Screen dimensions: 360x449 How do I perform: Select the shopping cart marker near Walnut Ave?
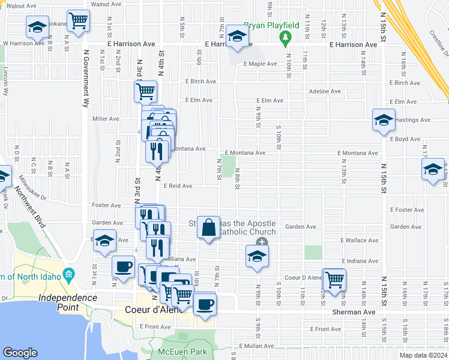pyautogui.click(x=78, y=20)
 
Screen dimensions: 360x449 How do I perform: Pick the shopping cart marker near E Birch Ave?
pyautogui.click(x=146, y=92)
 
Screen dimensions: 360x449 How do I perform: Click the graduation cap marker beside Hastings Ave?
pyautogui.click(x=384, y=120)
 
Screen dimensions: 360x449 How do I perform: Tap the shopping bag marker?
pyautogui.click(x=208, y=227)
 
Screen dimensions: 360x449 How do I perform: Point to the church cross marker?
pyautogui.click(x=261, y=242)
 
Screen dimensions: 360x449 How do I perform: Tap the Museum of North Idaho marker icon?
pyautogui.click(x=69, y=275)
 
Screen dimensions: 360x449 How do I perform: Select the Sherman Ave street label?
pyautogui.click(x=357, y=313)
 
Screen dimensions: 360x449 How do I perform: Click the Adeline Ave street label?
pyautogui.click(x=324, y=92)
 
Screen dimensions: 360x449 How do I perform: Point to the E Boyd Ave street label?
pyautogui.click(x=405, y=139)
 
